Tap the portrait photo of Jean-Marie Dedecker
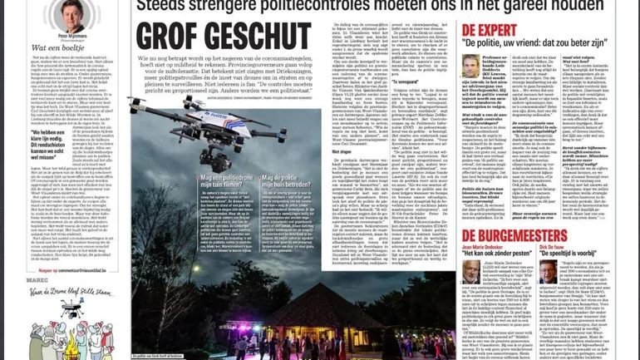click(471, 270)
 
